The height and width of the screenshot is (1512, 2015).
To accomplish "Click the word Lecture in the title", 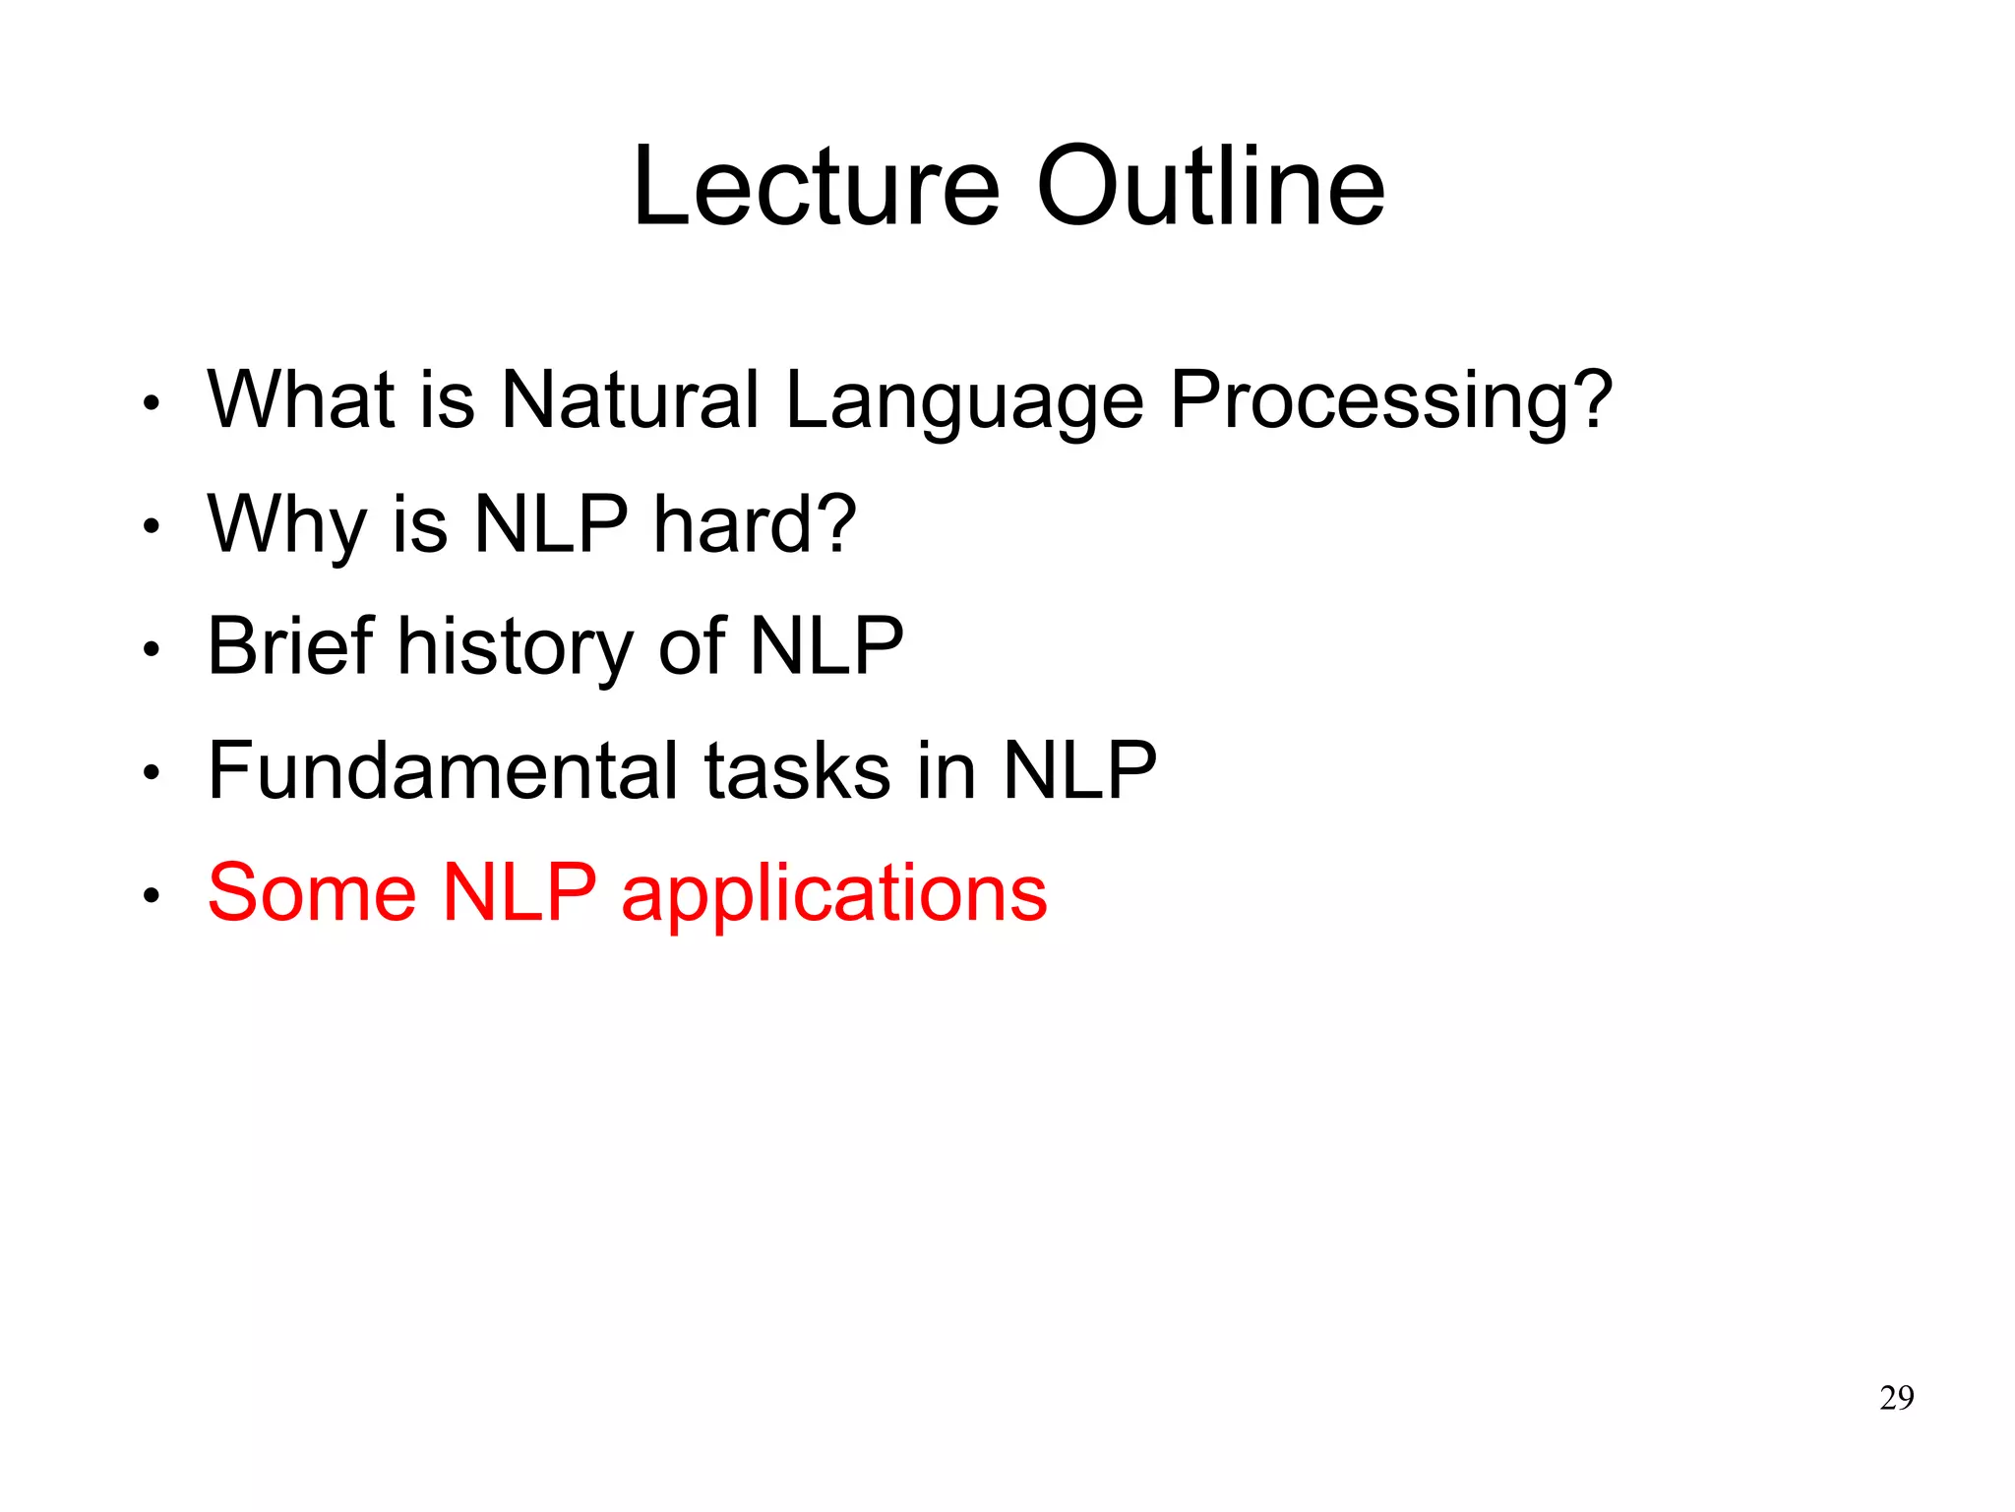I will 816,187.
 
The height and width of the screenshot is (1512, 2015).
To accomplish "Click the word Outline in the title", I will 1210,187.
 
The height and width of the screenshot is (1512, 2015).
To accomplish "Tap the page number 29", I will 1896,1398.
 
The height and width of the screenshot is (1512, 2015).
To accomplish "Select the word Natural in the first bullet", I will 630,400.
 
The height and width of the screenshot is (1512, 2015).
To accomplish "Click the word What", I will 301,400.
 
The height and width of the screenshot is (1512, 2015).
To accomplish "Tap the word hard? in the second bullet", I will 755,524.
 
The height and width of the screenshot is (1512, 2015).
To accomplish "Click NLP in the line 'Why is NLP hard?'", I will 550,524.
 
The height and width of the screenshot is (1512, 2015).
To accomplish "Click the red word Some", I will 312,893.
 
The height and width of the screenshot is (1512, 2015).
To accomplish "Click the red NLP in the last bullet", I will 519,893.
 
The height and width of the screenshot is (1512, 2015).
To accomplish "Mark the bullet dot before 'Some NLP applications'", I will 151,896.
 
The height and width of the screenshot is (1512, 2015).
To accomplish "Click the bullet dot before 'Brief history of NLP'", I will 151,649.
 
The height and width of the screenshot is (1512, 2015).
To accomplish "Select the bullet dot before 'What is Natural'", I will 151,403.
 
